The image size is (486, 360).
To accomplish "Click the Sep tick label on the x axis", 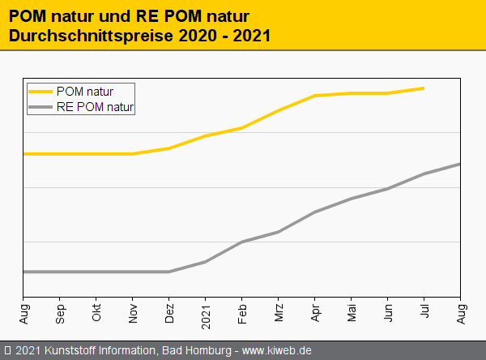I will (x=60, y=312).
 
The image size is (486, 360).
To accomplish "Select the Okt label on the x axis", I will (x=96, y=311).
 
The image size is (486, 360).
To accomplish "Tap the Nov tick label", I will (x=133, y=312).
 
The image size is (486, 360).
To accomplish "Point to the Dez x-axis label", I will (x=169, y=312).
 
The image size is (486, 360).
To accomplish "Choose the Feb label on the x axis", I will (x=242, y=312).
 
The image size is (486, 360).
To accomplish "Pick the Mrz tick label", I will (x=279, y=311).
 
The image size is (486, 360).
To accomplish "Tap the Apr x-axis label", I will (x=315, y=312).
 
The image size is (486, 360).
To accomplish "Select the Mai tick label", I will (x=352, y=311).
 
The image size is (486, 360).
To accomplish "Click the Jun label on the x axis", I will (x=388, y=312).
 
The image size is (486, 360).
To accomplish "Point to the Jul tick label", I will (x=424, y=311).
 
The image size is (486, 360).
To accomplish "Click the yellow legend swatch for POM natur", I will (x=41, y=92).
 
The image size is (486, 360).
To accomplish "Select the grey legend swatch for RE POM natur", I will (x=41, y=106).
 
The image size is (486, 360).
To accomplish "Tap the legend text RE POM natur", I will (x=96, y=106).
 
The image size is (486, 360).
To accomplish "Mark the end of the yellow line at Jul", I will (x=424, y=88).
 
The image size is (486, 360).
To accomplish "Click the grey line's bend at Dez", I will (x=169, y=272).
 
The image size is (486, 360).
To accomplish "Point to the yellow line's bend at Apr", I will (x=315, y=96).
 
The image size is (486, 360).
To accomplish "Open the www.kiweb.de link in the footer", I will (x=276, y=350).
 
